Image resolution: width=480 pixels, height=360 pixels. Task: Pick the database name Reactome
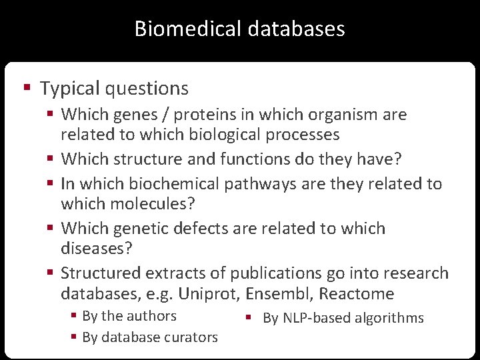click(359, 293)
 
